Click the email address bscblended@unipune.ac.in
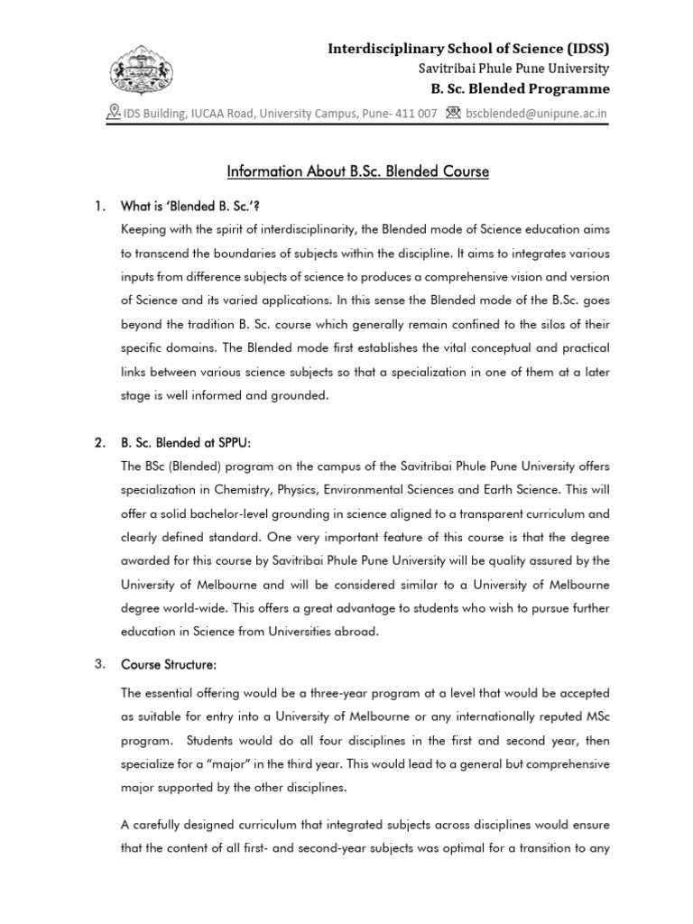point(536,114)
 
